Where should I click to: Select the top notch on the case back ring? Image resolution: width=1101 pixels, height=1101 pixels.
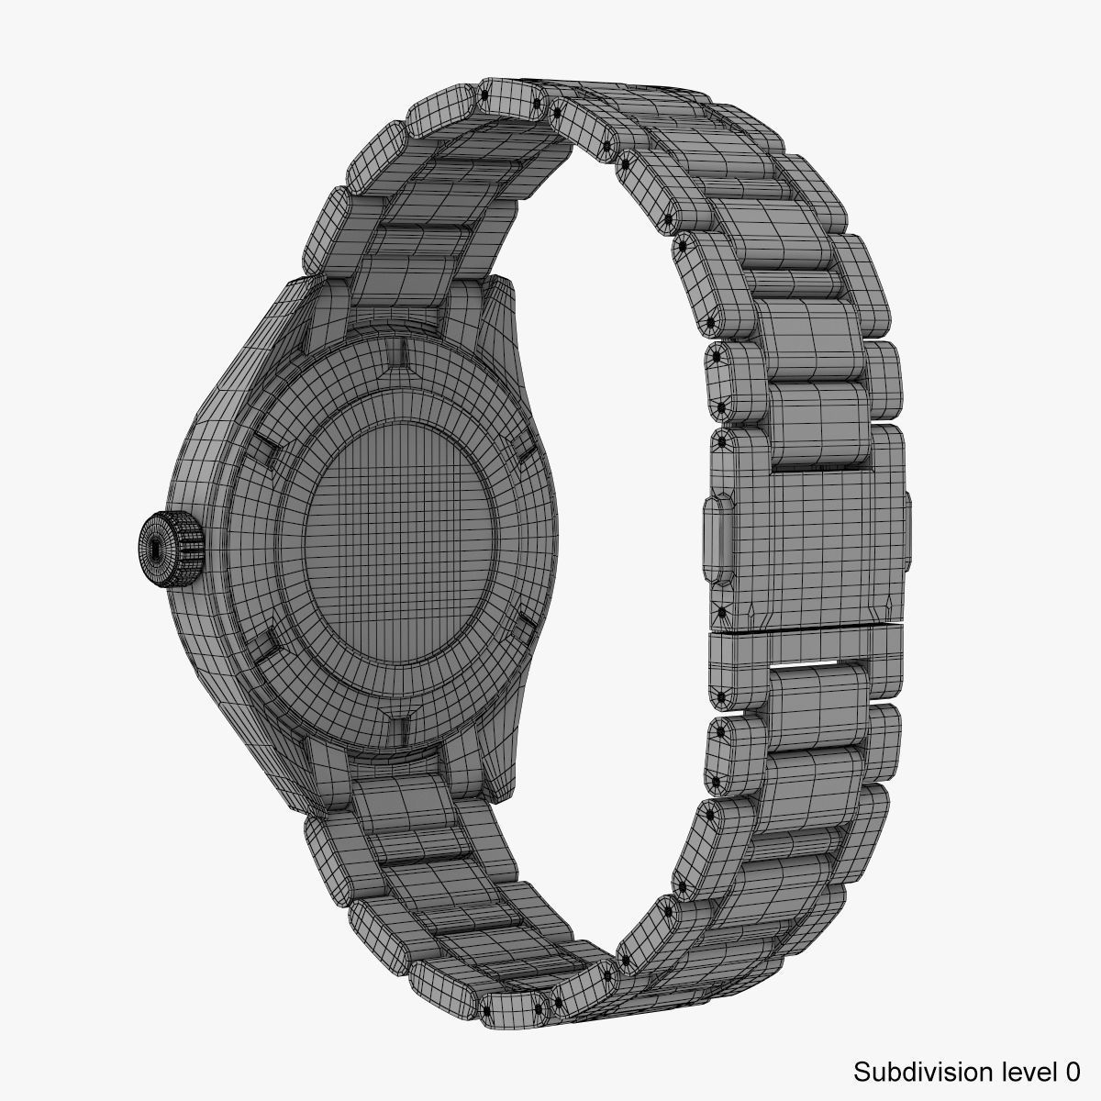pos(404,351)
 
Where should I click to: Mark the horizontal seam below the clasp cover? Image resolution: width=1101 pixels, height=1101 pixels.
pos(807,629)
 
